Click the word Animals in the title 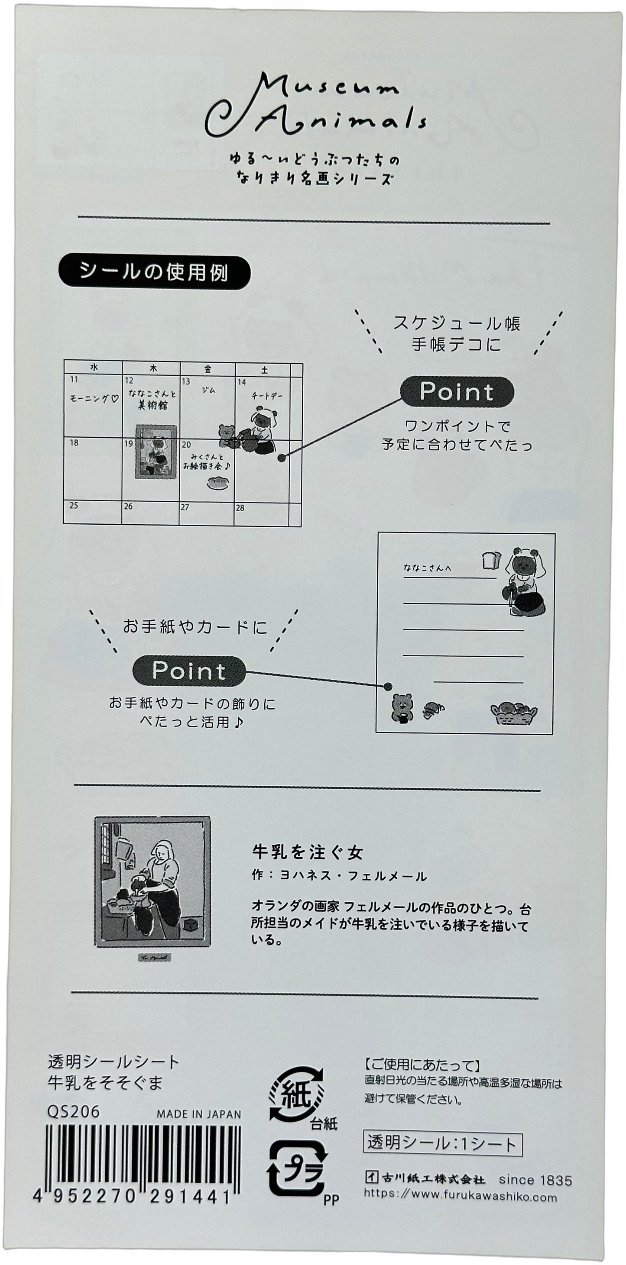(339, 120)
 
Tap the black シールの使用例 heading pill (154, 271)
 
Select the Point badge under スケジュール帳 (457, 392)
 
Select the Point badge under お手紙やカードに (189, 670)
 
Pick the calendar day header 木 (152, 369)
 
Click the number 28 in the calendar (240, 508)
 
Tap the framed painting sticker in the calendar (155, 451)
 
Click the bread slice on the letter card (490, 559)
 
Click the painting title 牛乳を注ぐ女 (308, 852)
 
